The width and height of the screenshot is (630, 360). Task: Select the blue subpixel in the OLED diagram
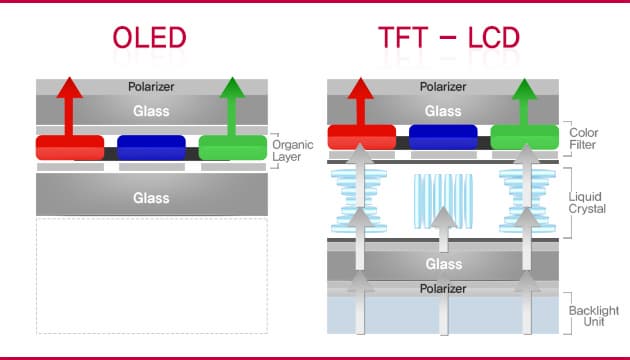pyautogui.click(x=151, y=147)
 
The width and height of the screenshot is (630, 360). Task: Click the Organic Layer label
pyautogui.click(x=292, y=150)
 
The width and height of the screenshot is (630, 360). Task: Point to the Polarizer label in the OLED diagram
pyautogui.click(x=151, y=88)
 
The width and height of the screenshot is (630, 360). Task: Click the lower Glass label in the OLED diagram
pyautogui.click(x=151, y=198)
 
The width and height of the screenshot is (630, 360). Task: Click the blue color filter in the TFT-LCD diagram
pyautogui.click(x=442, y=137)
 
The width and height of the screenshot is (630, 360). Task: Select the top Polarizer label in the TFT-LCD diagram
pyautogui.click(x=442, y=87)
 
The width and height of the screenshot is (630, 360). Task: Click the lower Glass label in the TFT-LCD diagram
pyautogui.click(x=442, y=264)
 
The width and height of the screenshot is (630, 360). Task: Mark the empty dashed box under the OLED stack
pyautogui.click(x=151, y=275)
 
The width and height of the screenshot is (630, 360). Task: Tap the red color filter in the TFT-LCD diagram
pyautogui.click(x=361, y=137)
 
